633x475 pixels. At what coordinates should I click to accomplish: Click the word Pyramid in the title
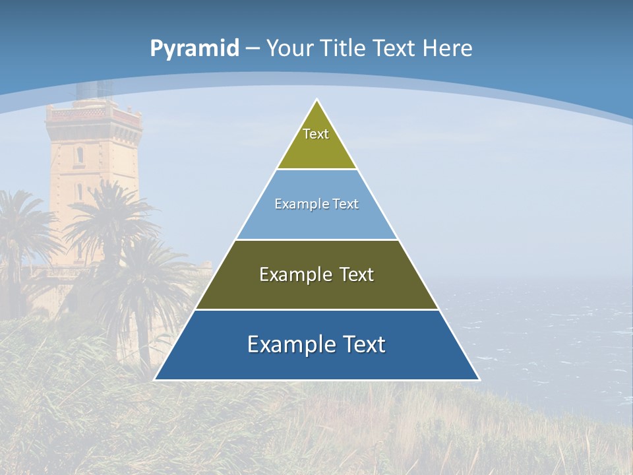pyautogui.click(x=194, y=49)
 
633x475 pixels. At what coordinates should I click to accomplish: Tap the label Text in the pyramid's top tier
pyautogui.click(x=316, y=134)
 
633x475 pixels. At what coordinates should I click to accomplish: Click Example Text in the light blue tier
pyautogui.click(x=316, y=204)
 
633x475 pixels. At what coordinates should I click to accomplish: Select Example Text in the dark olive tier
pyautogui.click(x=316, y=274)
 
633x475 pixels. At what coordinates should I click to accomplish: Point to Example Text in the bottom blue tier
pyautogui.click(x=316, y=344)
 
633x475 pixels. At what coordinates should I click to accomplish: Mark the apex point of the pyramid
pyautogui.click(x=317, y=100)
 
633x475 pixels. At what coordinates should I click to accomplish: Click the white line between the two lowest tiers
pyautogui.click(x=316, y=309)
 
